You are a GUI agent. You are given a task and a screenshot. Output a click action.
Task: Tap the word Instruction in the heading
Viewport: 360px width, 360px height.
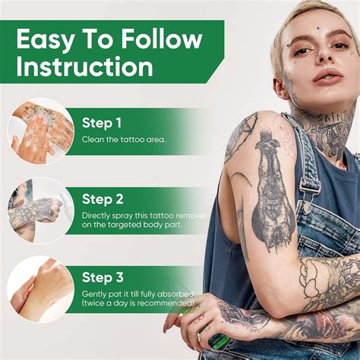85,67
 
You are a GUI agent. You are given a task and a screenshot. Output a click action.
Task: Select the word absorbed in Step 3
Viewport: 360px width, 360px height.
176,294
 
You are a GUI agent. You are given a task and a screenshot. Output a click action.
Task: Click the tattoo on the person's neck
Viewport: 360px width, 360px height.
316,122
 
